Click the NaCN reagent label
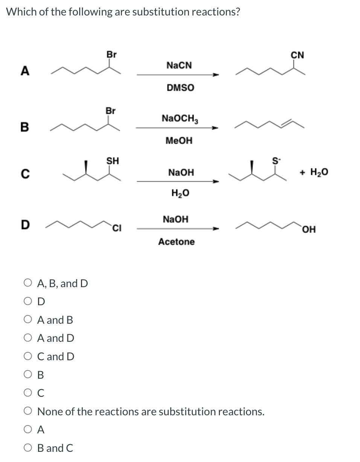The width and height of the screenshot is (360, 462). pos(179,65)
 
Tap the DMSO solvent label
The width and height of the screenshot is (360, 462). pos(180,88)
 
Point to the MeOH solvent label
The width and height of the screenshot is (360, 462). pos(179,141)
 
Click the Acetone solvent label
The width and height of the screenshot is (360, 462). pos(176,242)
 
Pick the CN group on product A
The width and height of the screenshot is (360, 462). pos(297,55)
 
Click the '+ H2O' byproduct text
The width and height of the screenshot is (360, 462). pos(314,172)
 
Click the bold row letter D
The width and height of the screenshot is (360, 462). pos(25,225)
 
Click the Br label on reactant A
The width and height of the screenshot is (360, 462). pos(111,54)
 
